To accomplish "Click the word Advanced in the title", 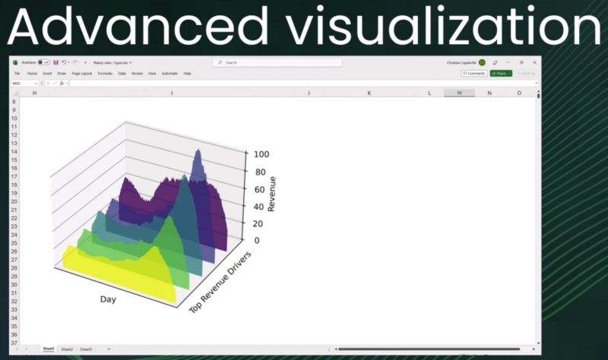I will click(134, 28).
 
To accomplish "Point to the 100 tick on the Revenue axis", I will click(261, 153).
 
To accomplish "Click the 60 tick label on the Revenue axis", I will click(258, 189).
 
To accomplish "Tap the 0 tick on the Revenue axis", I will click(256, 241).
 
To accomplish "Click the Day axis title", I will click(108, 299).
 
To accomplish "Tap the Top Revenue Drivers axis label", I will click(220, 281).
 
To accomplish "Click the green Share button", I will click(501, 74).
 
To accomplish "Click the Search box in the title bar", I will click(278, 62).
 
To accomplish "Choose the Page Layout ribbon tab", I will click(81, 74).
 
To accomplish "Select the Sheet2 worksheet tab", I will click(67, 349).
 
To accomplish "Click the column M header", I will click(459, 93).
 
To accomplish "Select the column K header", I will click(369, 93).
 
